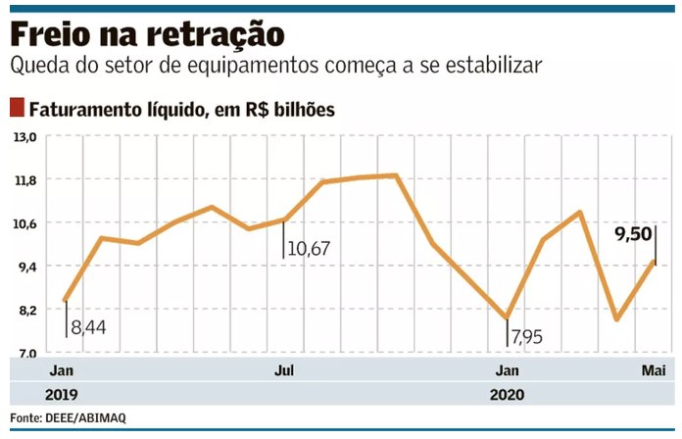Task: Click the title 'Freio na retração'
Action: coord(147,35)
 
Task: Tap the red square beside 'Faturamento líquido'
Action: coord(17,108)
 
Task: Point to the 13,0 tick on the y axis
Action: coord(24,137)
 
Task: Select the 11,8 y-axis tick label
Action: coord(24,180)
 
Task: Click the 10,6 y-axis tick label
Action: coord(24,223)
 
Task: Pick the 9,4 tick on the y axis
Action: coord(24,267)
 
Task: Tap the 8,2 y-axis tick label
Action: coord(24,310)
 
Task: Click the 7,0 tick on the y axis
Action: coord(24,353)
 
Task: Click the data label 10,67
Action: coord(309,249)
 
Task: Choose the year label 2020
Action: coord(506,394)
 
